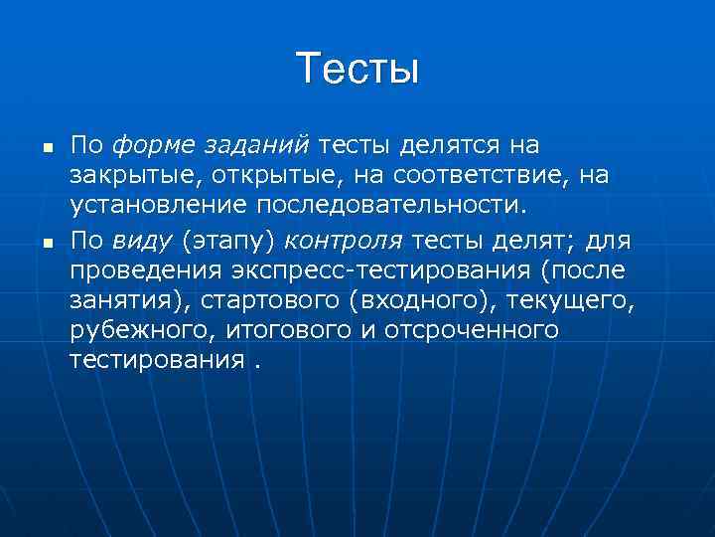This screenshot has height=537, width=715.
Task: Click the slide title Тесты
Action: pos(357,69)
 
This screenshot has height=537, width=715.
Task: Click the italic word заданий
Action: pos(257,146)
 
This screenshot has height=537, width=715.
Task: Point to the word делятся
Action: pos(450,146)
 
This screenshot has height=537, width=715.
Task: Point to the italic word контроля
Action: pos(343,239)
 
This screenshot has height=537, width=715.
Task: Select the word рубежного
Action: pos(130,329)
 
